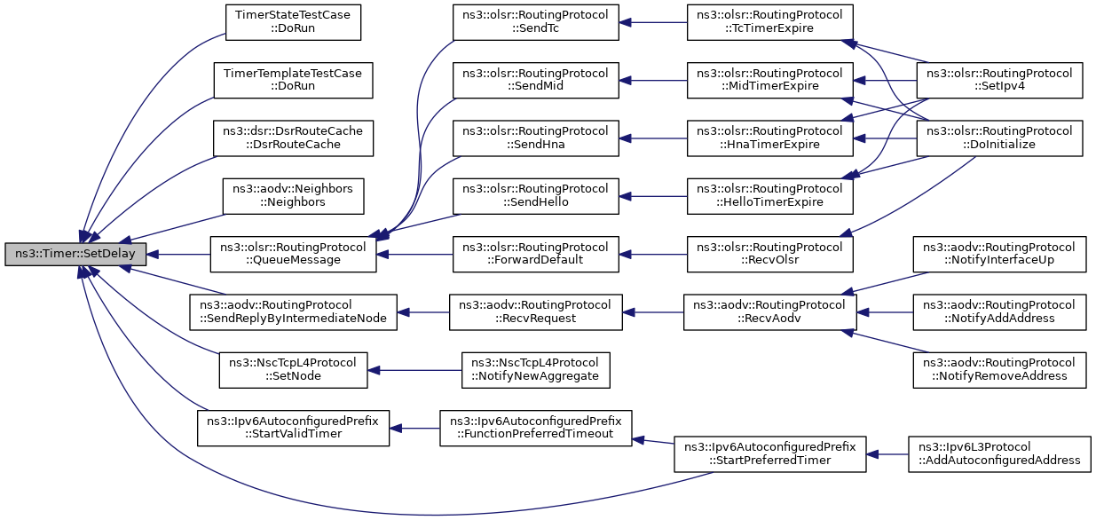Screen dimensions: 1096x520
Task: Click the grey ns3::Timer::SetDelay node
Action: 75,254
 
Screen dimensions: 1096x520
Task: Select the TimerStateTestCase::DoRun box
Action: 293,22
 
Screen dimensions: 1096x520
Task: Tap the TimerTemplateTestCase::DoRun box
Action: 293,80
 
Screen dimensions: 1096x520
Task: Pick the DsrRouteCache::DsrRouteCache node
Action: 293,138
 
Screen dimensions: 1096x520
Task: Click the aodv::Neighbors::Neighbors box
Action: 293,196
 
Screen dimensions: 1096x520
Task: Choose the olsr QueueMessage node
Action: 293,255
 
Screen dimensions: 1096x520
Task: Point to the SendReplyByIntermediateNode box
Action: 293,312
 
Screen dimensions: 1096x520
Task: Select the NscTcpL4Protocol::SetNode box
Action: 293,370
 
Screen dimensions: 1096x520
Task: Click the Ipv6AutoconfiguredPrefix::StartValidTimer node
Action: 293,428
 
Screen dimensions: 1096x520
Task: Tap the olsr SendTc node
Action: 536,22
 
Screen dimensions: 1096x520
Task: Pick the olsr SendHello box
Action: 536,196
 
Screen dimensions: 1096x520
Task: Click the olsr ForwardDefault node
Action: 536,255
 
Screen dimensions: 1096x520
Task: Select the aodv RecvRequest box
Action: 536,312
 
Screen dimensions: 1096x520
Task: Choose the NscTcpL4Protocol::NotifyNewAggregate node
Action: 536,370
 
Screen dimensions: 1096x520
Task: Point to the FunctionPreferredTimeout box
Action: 536,428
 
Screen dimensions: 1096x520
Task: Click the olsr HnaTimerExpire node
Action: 770,138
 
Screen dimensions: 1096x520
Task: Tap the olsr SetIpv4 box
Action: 999,80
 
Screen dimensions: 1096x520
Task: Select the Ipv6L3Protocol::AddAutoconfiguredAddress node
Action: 999,454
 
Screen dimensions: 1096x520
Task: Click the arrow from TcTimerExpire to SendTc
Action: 653,22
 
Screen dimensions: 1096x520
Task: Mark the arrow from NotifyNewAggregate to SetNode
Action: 414,370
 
